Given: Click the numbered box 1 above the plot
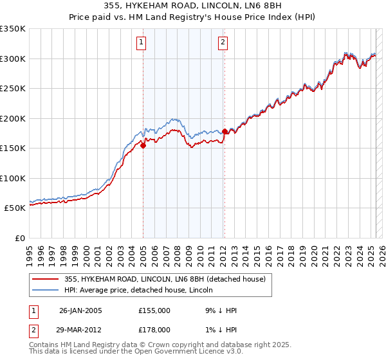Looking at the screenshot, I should point(141,43).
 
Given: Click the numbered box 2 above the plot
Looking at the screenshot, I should point(223,43).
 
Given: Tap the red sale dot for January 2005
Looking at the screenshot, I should point(143,145).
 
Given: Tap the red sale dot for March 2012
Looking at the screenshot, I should point(225,131).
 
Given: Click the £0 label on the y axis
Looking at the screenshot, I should point(20,238).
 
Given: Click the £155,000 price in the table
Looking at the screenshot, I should point(154,310).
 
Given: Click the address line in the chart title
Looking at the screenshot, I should point(192,6).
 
